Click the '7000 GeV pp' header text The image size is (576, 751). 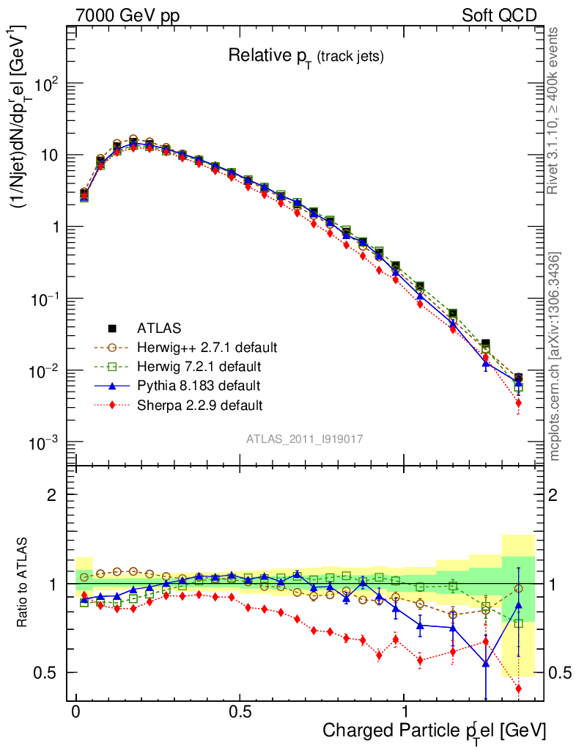point(128,14)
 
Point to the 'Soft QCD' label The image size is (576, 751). point(499,14)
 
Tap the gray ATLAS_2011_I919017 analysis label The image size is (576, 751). point(305,439)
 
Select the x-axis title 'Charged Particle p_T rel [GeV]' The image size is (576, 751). point(435,730)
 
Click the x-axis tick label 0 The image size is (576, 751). point(76,711)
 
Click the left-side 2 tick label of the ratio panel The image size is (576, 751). point(51,495)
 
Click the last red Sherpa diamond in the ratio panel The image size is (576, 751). point(518,688)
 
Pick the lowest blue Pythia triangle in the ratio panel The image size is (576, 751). point(485,664)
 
